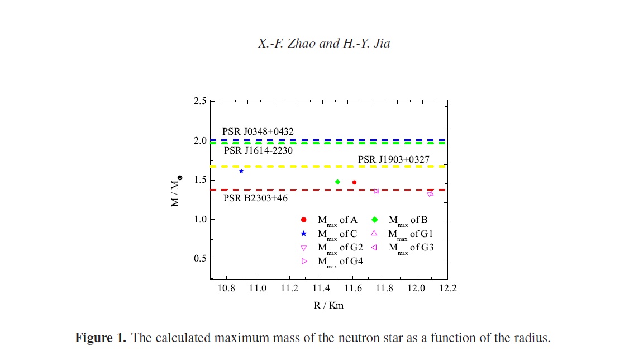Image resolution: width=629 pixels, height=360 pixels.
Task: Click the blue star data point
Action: [x=241, y=171]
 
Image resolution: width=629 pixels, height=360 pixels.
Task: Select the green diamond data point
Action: [x=337, y=182]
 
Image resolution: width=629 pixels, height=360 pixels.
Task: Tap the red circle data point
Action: [x=354, y=182]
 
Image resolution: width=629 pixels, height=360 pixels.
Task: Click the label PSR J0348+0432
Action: [x=258, y=132]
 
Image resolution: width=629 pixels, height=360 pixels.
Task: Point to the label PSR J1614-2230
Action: [x=258, y=150]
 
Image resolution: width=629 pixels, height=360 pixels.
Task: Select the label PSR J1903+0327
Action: [x=394, y=160]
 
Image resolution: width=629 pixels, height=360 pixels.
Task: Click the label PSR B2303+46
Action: [x=256, y=197]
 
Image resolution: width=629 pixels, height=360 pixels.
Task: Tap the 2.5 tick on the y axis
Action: [x=200, y=101]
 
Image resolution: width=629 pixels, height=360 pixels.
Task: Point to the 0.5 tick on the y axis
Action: [x=200, y=259]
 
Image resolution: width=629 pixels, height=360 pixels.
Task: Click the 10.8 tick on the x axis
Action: [x=226, y=288]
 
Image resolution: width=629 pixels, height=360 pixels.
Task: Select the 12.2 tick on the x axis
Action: [x=447, y=288]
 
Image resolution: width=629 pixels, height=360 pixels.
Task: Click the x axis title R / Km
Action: [x=329, y=306]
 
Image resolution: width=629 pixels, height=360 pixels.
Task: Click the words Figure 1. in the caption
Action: [x=101, y=338]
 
